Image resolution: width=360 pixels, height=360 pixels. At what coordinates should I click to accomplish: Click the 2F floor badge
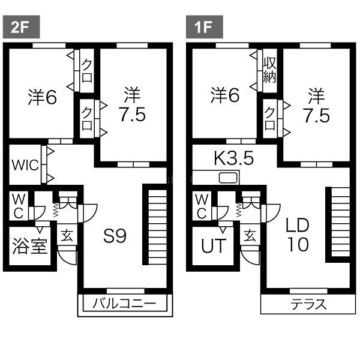coord(21,27)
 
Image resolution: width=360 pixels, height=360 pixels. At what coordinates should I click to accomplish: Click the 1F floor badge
coord(205,27)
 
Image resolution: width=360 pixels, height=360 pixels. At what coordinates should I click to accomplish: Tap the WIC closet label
coord(25,165)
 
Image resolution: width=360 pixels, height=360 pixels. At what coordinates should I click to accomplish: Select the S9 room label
coord(115,236)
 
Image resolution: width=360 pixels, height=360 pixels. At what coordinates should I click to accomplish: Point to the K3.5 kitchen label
coord(234,158)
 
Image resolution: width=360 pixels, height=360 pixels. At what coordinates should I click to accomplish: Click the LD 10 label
coord(298,235)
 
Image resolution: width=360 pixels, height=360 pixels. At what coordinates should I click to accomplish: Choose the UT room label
coord(214,245)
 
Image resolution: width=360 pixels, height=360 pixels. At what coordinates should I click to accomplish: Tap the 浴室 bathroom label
coord(30,246)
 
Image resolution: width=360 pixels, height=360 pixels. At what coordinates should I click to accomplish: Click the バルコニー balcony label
coord(124,303)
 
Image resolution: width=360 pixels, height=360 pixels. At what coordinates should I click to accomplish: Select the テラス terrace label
coord(308,304)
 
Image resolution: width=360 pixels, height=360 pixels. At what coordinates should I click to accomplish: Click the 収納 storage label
coord(269,70)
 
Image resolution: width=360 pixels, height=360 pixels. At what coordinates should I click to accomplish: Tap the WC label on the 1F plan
coord(202,206)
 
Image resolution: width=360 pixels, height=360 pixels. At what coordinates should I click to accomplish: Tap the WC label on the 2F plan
coord(19,206)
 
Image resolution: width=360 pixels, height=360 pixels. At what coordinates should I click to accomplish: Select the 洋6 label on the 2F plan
coord(42,97)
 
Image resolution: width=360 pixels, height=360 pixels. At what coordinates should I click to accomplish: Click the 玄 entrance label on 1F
coord(250,236)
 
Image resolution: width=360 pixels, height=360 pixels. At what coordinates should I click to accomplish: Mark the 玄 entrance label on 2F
coord(67,236)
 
